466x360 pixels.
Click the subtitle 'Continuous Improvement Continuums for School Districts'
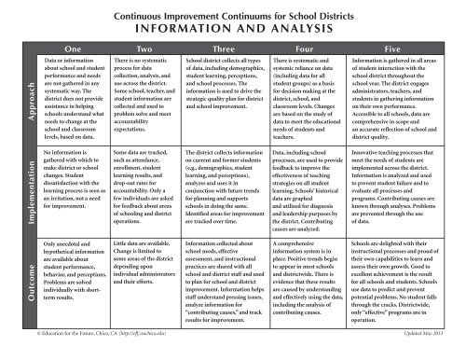coord(233,10)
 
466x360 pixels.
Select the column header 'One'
coord(70,44)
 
